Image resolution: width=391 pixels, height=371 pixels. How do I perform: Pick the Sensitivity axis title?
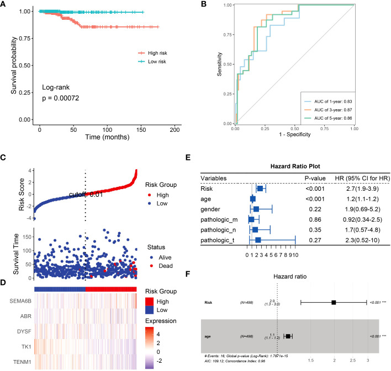click(x=220, y=64)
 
